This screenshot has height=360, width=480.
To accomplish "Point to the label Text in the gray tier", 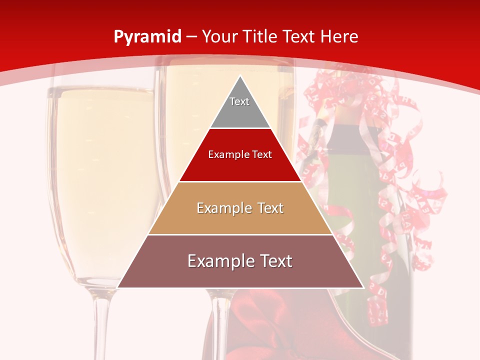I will tap(239, 101).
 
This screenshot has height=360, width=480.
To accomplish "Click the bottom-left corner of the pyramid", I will tap(118, 287).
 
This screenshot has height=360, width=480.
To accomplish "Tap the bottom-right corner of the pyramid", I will tap(362, 287).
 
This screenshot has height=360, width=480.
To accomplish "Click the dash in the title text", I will tap(191, 37).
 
